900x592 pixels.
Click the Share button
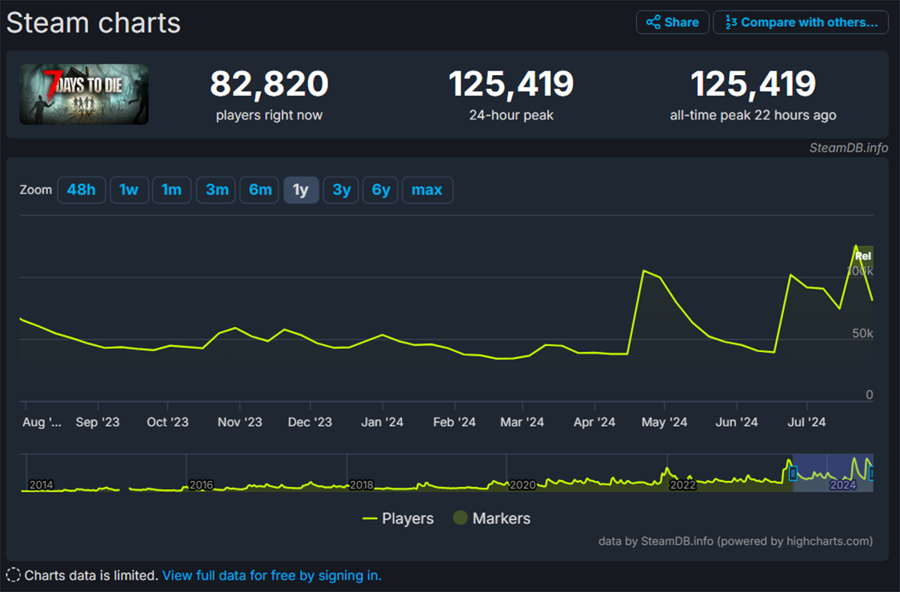point(673,23)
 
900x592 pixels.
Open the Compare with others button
point(800,23)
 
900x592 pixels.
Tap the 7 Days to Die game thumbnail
point(84,94)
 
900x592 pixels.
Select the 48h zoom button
point(81,190)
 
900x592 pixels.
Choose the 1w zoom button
point(129,190)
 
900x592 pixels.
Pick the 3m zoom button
point(217,190)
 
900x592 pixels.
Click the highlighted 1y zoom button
point(301,190)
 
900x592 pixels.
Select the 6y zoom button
point(381,190)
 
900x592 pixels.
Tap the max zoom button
point(427,190)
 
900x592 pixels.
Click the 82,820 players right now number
point(269,84)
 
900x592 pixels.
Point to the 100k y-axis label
point(859,271)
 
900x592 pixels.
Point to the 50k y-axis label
point(862,333)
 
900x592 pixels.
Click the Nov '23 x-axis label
point(240,422)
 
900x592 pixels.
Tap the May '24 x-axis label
point(664,422)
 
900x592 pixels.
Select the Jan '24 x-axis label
point(382,422)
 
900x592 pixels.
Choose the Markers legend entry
point(492,518)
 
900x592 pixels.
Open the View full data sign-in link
point(271,575)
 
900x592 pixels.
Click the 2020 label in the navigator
point(523,485)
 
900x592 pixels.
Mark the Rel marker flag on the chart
point(863,256)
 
